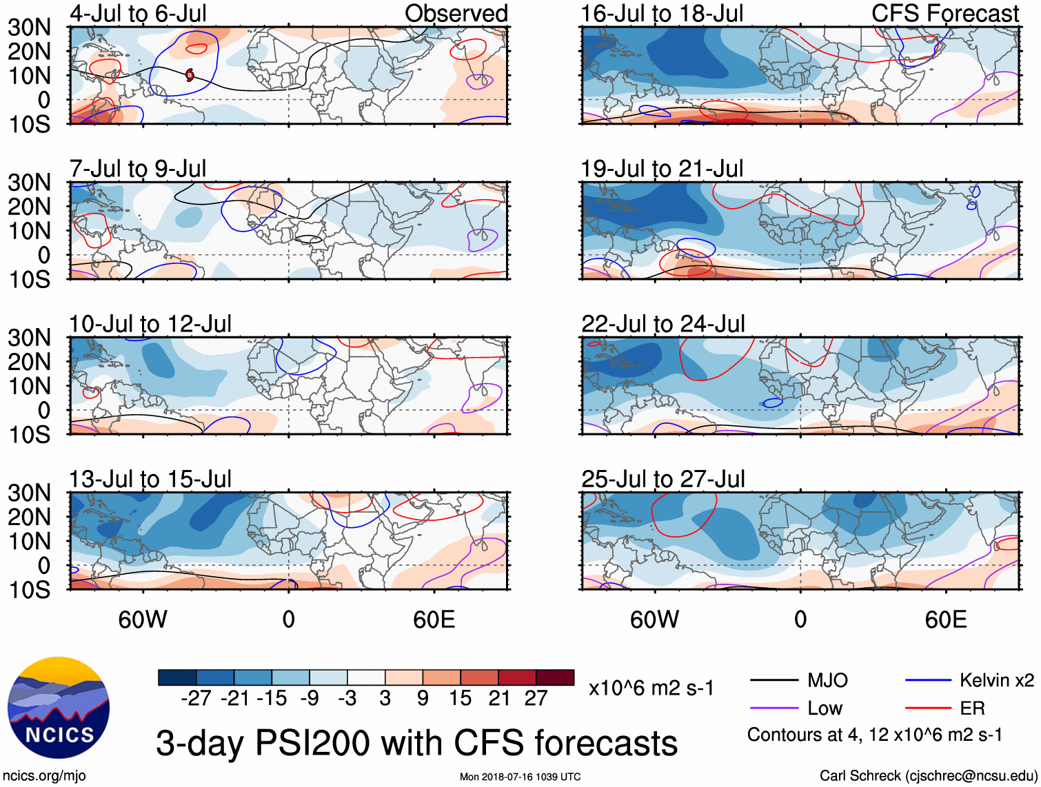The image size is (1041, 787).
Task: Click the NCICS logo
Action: click(x=59, y=708)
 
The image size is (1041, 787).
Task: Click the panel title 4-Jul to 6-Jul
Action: click(x=138, y=14)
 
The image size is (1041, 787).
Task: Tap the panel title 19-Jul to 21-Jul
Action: click(x=662, y=169)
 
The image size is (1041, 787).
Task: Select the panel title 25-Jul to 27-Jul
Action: click(x=663, y=479)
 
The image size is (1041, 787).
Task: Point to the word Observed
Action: click(x=456, y=14)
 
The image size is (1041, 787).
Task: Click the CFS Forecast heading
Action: click(x=945, y=14)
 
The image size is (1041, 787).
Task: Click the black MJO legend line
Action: click(x=774, y=681)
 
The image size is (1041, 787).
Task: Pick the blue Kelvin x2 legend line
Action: click(x=928, y=681)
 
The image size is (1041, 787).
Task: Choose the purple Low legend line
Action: click(x=774, y=708)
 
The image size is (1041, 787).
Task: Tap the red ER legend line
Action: click(x=928, y=708)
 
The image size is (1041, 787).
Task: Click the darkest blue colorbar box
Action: click(x=177, y=677)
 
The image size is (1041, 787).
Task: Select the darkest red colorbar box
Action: click(x=555, y=677)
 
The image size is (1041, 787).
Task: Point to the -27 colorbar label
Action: click(x=196, y=698)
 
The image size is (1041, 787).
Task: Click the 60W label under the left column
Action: click(x=143, y=620)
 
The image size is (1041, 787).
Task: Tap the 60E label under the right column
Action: click(x=945, y=620)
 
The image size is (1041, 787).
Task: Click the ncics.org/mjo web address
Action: click(x=44, y=776)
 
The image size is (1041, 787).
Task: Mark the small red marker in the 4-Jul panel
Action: click(x=190, y=74)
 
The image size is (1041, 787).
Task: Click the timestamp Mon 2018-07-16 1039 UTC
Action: click(x=520, y=777)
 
